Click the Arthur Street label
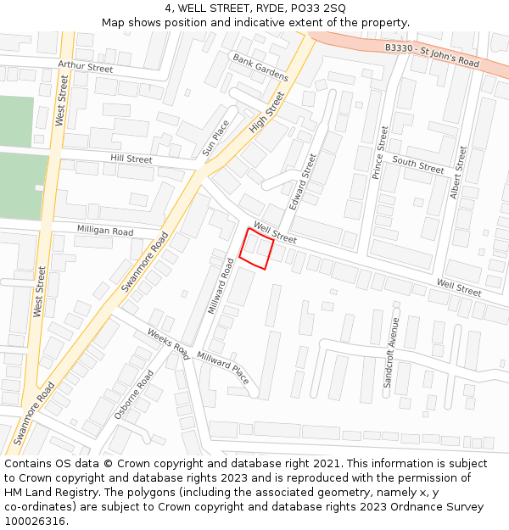tap(85, 67)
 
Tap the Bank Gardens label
tap(260, 67)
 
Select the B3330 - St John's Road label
tap(432, 56)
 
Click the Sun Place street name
tap(215, 137)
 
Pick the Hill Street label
tap(131, 159)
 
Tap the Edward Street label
tap(303, 181)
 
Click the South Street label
tap(418, 165)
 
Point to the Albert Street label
tap(458, 172)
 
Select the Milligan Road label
tap(105, 231)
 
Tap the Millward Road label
tap(221, 287)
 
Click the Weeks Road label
tap(168, 342)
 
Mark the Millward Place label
tap(223, 367)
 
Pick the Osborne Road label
tap(133, 394)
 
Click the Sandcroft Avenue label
tap(391, 353)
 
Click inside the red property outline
tap(256, 249)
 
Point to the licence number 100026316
tap(36, 521)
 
